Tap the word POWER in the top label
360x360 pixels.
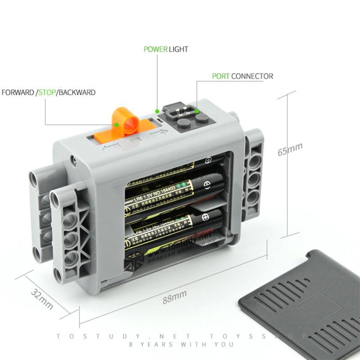click(x=155, y=49)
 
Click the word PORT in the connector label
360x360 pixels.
click(x=220, y=76)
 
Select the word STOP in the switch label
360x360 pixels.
click(x=46, y=92)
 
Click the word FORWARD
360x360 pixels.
click(x=18, y=92)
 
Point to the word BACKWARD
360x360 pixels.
click(x=77, y=92)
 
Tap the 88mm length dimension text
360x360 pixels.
click(x=174, y=297)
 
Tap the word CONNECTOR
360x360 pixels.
click(x=252, y=76)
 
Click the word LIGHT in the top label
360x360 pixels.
click(x=179, y=49)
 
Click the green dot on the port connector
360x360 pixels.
click(x=197, y=110)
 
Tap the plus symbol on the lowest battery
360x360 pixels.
click(x=207, y=217)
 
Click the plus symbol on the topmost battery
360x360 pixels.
click(x=208, y=161)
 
